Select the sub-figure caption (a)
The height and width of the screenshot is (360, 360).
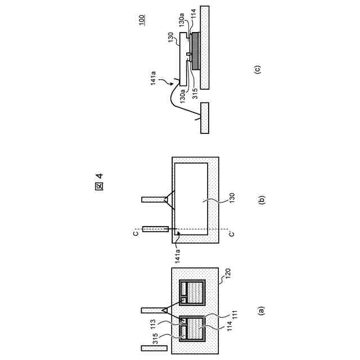tap(260, 310)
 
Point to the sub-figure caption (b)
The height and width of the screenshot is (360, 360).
tap(260, 198)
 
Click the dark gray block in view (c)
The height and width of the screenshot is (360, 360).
tap(196, 52)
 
